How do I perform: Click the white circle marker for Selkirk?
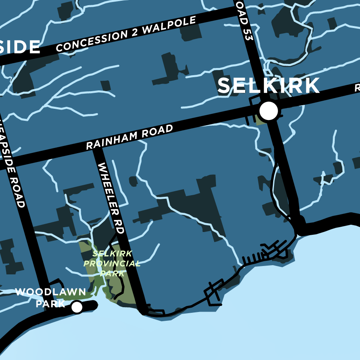click(x=268, y=111)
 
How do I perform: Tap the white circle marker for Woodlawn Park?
click(x=77, y=307)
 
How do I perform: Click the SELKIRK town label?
click(x=268, y=86)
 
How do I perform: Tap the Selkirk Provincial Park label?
click(x=112, y=264)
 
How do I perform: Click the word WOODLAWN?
click(x=50, y=292)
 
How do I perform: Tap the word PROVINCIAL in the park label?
click(x=112, y=264)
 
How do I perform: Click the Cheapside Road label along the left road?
click(x=15, y=172)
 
